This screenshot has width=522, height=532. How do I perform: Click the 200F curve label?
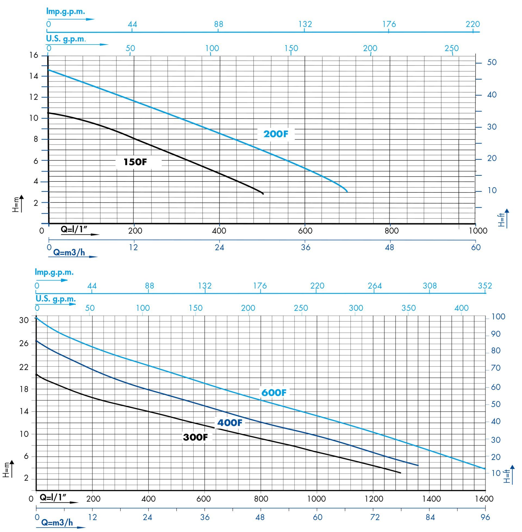(275, 134)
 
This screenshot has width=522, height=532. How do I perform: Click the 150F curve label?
(135, 162)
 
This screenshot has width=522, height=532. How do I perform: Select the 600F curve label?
(274, 393)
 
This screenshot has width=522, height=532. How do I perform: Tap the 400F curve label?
(230, 423)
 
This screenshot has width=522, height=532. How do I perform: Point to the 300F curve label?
(195, 437)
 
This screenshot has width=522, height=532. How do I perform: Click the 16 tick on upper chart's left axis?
(34, 55)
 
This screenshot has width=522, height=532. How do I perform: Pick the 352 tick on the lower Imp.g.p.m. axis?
(485, 286)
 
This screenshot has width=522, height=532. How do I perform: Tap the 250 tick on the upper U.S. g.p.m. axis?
(452, 48)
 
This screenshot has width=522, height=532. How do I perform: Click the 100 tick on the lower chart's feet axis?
(498, 317)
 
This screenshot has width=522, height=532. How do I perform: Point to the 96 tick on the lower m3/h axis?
(485, 517)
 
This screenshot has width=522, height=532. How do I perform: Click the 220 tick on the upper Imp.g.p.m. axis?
(473, 24)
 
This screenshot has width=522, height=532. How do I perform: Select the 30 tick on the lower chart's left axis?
(24, 320)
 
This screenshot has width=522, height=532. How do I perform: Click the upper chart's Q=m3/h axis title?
(69, 252)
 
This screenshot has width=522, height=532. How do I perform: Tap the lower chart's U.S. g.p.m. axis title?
(56, 298)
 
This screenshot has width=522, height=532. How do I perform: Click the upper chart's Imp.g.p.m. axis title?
(66, 11)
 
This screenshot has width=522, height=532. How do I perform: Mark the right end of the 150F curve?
(263, 194)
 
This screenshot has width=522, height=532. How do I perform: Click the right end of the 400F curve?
(418, 465)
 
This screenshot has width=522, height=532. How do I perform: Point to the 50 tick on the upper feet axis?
(492, 62)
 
